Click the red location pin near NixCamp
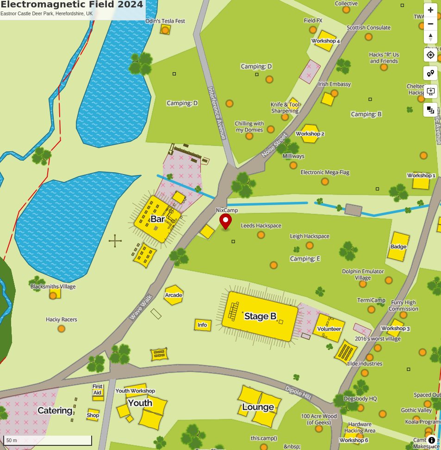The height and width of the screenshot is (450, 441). coord(225,221)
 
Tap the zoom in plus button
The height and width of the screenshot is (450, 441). coord(430,10)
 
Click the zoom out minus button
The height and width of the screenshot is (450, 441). coord(430,24)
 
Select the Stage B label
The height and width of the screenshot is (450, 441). coord(260,316)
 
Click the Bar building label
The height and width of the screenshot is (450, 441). coord(157,219)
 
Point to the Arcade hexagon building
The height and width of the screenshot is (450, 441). coord(174,295)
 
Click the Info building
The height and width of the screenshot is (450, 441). coord(203,325)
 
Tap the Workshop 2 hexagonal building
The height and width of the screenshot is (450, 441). coord(310,133)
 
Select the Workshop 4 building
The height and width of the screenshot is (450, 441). coord(325,41)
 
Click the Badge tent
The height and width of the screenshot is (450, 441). coord(398,246)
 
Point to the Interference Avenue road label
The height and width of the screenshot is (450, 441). coord(217,113)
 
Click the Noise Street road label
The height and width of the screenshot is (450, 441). coord(274,145)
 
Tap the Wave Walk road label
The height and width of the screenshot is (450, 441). coord(141,307)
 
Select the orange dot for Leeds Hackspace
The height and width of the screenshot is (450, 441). coord(261,235)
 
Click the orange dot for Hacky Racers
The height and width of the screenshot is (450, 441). coord(61,329)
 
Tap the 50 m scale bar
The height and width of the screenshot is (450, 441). coord(48,440)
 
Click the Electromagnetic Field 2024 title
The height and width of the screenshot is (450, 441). coord(72,5)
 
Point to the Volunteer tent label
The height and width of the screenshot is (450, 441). coord(329,329)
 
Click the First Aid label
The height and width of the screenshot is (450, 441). coord(97,389)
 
